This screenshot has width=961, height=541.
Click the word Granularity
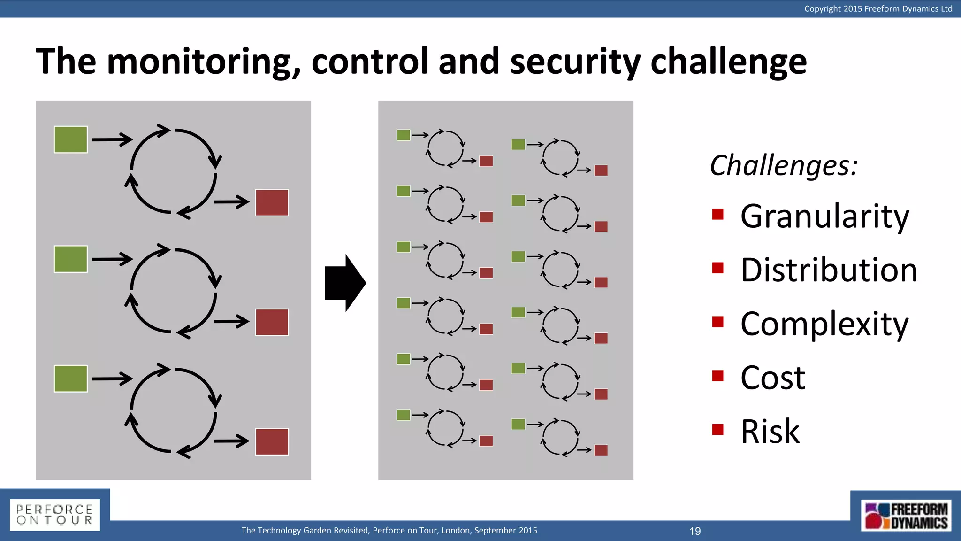(824, 216)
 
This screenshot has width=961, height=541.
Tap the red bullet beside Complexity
(717, 322)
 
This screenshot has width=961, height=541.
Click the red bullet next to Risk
(717, 429)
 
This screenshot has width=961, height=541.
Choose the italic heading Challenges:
(784, 165)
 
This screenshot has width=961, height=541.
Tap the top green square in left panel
(71, 139)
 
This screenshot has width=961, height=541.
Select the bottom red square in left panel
(272, 442)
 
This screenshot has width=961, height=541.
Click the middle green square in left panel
(71, 259)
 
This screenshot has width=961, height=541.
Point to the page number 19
(695, 531)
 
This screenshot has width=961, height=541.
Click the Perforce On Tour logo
(55, 515)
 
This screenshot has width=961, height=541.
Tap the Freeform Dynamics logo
(906, 516)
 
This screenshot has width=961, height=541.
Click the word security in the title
(575, 62)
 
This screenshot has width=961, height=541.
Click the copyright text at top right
(878, 8)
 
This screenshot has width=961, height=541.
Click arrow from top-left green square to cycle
(112, 139)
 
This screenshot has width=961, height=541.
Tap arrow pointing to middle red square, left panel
(231, 322)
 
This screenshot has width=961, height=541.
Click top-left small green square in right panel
(403, 135)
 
